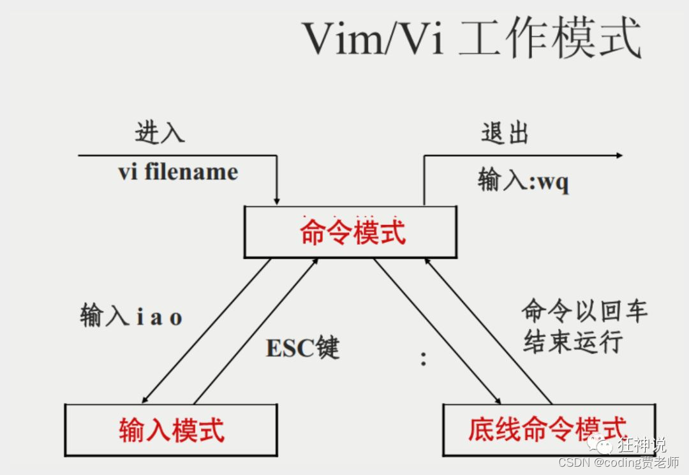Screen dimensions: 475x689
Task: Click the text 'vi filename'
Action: coord(178,172)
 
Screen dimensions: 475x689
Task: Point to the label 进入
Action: coord(159,132)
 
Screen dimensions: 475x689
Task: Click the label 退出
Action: coord(505,133)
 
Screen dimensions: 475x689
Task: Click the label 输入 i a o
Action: coord(131,316)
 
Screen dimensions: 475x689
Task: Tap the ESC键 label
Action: coord(302,348)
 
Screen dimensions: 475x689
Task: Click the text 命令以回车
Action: coord(584,311)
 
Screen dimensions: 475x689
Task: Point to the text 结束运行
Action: coord(572,342)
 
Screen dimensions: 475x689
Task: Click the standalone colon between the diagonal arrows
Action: coord(423,359)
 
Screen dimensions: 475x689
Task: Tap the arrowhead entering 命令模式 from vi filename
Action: coord(276,200)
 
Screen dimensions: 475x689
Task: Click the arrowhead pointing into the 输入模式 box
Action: coord(145,398)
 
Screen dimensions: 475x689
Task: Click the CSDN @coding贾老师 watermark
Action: coord(618,462)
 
